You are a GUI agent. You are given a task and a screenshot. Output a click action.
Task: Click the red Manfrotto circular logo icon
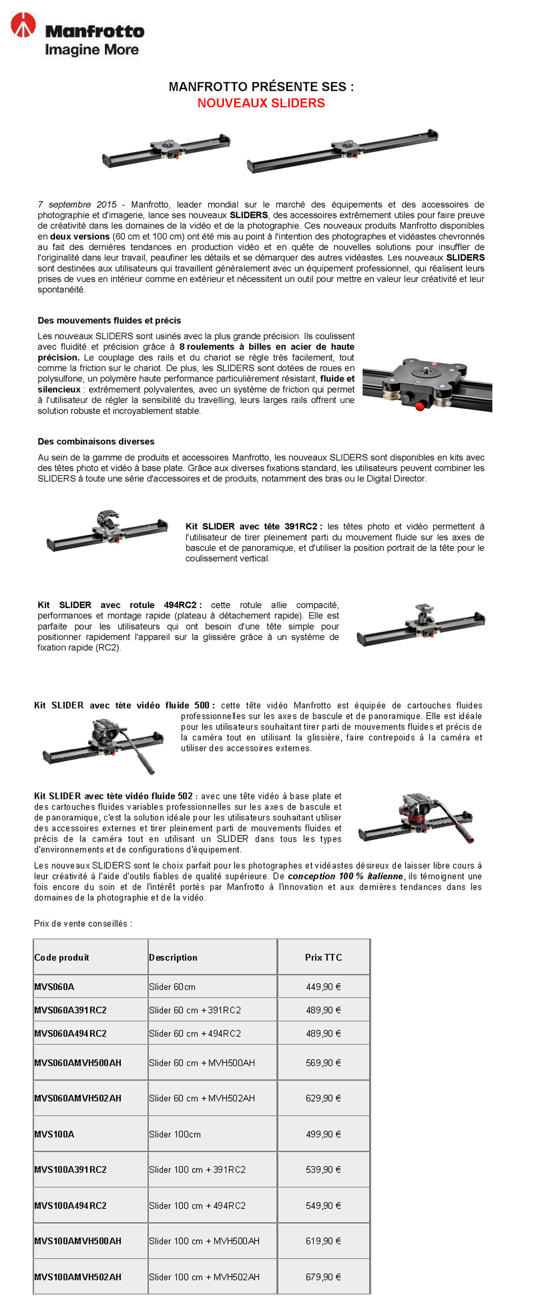pos(24,25)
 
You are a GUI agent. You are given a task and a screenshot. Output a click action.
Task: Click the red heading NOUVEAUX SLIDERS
pos(261,103)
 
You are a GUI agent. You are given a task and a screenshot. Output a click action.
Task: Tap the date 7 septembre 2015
pos(77,205)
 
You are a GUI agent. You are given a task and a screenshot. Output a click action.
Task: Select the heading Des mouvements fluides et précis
pos(109,321)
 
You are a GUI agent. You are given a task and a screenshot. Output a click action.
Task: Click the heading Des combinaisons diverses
pos(96,442)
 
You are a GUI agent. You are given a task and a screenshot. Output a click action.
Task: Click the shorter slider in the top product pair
pos(166,151)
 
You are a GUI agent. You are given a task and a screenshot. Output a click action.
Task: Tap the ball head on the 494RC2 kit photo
pos(423,612)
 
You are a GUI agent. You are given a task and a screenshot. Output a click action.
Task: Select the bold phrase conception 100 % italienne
pos(345,876)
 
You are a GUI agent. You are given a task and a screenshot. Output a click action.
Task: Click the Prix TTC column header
pos(323,958)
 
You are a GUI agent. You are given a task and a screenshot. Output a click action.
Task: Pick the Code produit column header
pos(62,958)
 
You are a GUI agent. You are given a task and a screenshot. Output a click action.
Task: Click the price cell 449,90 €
pos(323,987)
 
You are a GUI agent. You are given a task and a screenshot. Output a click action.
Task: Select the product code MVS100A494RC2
pos(71,1205)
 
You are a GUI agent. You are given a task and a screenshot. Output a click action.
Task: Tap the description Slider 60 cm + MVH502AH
pos(202,1098)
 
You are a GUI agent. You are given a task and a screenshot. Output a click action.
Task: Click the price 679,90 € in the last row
pos(323,1277)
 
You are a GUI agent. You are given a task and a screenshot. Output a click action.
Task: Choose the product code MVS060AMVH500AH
pos(78,1063)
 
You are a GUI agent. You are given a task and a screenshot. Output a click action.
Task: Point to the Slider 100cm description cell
pos(175,1134)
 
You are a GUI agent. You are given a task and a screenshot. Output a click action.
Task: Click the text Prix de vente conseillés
pos(83,923)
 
